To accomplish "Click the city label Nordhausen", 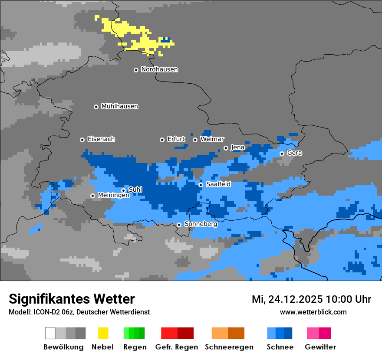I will click(159, 69).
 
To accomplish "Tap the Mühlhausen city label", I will click(119, 106).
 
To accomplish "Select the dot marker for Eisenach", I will click(82, 140).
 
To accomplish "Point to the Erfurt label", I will click(176, 139).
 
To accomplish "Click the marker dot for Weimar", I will click(195, 140).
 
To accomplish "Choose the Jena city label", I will click(237, 147).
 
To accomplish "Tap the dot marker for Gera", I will click(282, 154).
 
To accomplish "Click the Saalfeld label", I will click(218, 184).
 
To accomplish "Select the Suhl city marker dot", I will click(123, 190).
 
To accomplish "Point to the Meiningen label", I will click(113, 196).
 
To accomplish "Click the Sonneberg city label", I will click(201, 224).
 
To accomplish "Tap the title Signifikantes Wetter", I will click(72, 299).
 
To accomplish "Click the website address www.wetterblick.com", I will click(313, 312).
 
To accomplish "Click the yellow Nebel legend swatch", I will click(103, 333).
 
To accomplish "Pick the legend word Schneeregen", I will click(229, 347).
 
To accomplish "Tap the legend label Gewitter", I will click(320, 347).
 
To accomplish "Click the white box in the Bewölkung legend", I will click(50, 333).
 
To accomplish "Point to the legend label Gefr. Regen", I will click(177, 347).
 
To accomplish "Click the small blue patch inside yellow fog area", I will click(165, 40).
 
